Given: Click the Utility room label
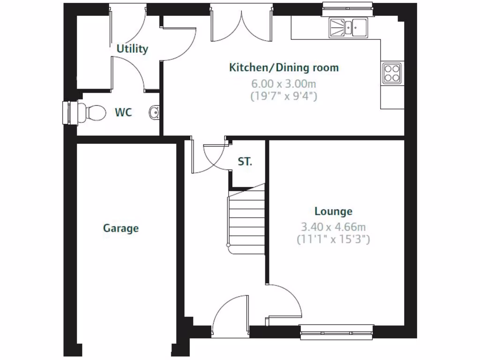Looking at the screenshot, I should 132,49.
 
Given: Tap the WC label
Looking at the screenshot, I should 123,112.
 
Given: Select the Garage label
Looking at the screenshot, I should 121,228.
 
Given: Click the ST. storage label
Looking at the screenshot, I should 245,162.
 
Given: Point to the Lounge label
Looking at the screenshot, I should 333,211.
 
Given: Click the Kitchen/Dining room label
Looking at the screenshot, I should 284,67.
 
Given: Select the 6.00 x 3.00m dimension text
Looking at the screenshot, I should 284,84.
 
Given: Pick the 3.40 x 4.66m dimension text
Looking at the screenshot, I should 333,227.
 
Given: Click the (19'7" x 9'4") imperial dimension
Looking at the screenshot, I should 284,97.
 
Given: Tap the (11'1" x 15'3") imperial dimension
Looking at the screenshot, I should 333,240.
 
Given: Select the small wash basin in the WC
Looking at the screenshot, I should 154,112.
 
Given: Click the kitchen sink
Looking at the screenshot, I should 349,27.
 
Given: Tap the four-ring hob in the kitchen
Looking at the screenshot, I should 392,73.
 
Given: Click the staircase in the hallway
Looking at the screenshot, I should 246,218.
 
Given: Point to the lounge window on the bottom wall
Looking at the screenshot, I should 337,332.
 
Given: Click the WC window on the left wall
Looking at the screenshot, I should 69,113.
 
